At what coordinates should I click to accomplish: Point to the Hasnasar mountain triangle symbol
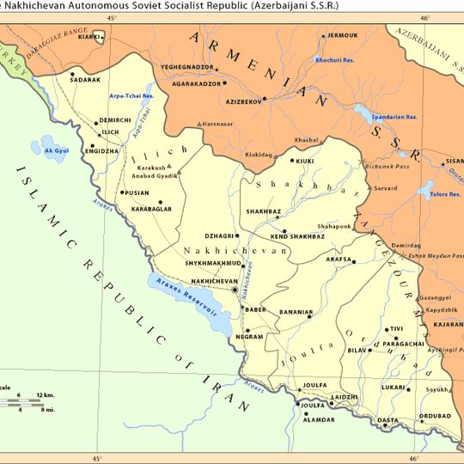click(x=199, y=124)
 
